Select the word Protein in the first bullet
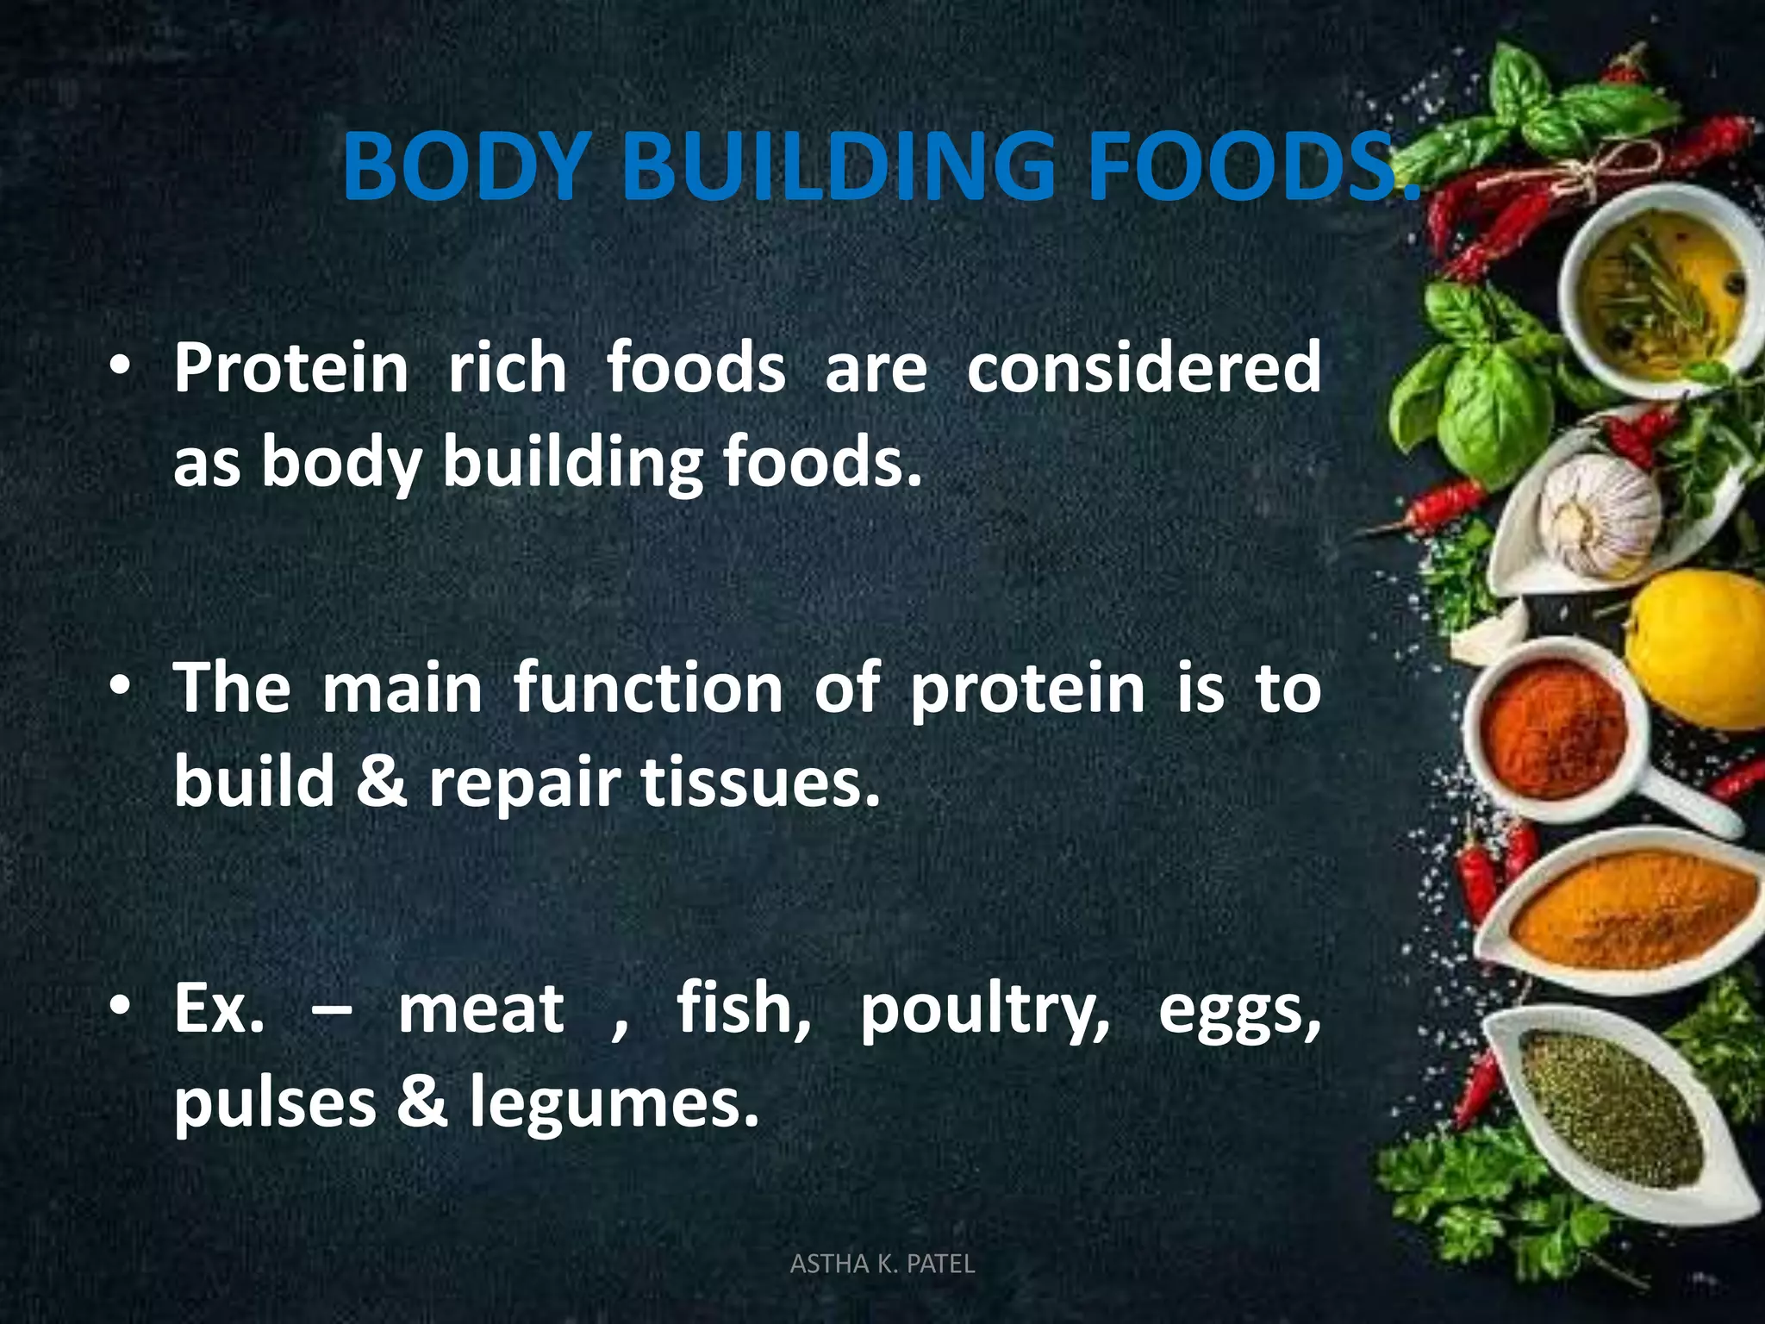coord(291,368)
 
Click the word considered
coord(1144,368)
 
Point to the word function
coord(648,689)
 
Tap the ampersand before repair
coord(381,781)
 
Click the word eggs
coord(1238,1013)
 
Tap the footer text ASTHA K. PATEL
coord(882,1264)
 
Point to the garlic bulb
coord(1599,514)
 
